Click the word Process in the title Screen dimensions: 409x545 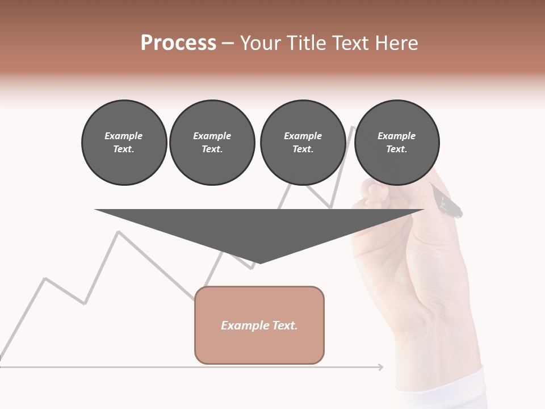[178, 43]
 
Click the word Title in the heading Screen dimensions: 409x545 [305, 43]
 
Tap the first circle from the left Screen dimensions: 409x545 [124, 143]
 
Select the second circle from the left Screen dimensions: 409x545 [212, 143]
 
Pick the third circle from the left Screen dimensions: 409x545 [303, 143]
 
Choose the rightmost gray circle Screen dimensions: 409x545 [397, 143]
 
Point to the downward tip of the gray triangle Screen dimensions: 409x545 [259, 262]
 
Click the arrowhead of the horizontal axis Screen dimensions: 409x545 [380, 367]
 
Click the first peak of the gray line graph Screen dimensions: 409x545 [45, 278]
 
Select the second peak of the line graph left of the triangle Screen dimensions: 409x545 [118, 232]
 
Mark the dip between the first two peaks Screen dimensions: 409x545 [85, 303]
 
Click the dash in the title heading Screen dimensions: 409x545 [228, 43]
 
